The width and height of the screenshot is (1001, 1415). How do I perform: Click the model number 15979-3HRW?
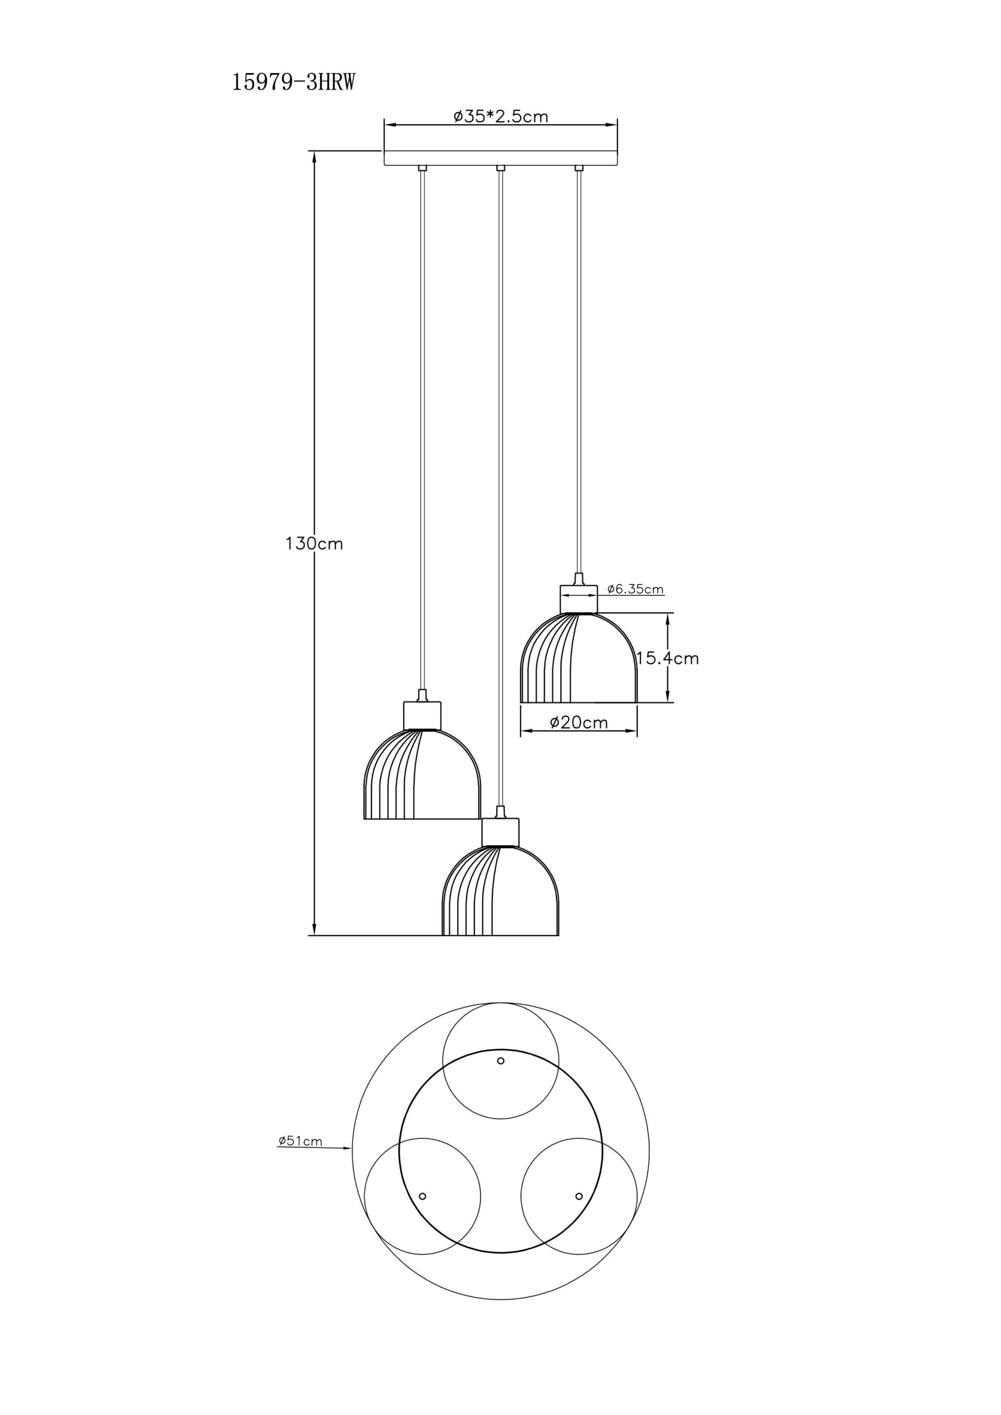[x=294, y=82]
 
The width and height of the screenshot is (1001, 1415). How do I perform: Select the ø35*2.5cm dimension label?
[x=501, y=116]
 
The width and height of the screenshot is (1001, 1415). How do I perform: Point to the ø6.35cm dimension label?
[x=635, y=589]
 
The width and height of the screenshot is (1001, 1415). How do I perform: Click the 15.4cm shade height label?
[x=668, y=658]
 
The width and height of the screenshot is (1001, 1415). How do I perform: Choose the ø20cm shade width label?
[x=578, y=722]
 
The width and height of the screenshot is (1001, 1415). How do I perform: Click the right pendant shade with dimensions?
[x=579, y=658]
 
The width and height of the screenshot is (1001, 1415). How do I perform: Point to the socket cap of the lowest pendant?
[x=501, y=831]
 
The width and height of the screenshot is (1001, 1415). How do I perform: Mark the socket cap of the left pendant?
[x=422, y=715]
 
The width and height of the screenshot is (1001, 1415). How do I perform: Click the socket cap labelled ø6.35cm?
[x=579, y=599]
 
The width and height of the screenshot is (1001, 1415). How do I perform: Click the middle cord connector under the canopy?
[x=501, y=168]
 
